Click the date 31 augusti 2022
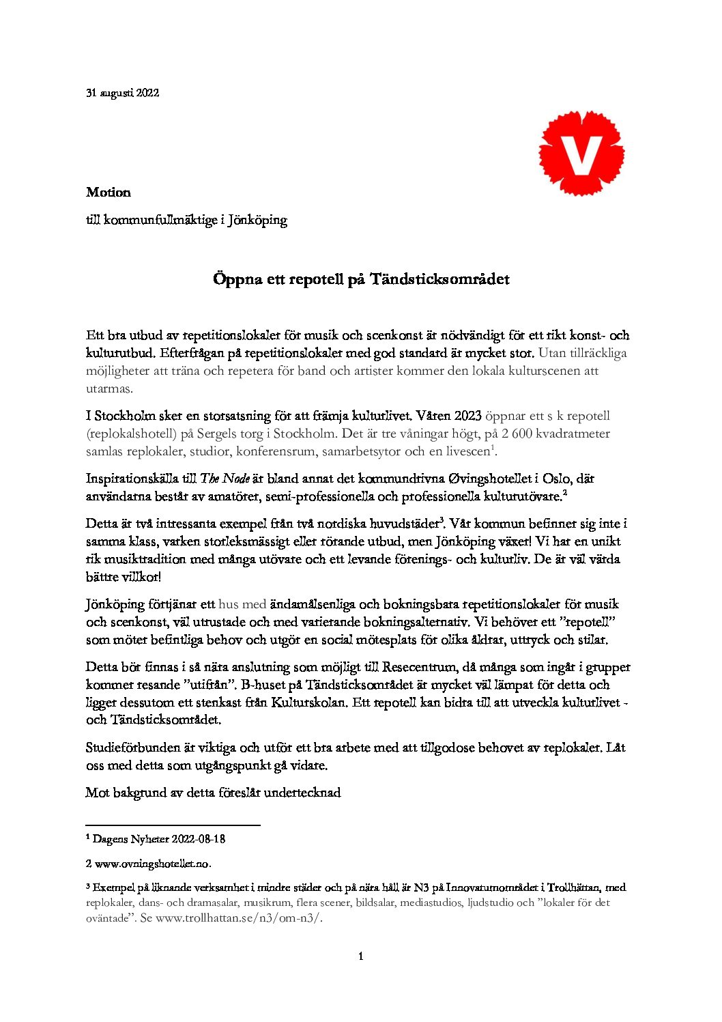tap(123, 94)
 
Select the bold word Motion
tap(109, 193)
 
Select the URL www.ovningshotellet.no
tap(152, 864)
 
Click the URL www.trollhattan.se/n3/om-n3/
tap(239, 918)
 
